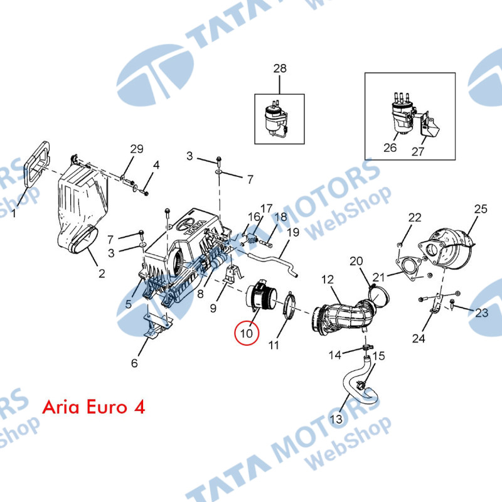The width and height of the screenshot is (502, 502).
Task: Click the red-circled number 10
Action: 246,333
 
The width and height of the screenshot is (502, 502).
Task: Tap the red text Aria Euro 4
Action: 93,407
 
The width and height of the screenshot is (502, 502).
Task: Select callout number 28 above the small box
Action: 279,68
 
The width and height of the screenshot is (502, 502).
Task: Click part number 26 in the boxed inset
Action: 390,149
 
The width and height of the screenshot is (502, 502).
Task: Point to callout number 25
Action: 480,209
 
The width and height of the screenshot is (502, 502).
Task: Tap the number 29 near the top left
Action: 136,149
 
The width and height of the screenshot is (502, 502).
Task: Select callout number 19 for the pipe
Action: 294,232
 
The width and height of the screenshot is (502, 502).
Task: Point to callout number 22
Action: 415,218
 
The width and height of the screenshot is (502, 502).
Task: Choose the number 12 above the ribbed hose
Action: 328,279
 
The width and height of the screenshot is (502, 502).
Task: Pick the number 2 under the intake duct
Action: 101,273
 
